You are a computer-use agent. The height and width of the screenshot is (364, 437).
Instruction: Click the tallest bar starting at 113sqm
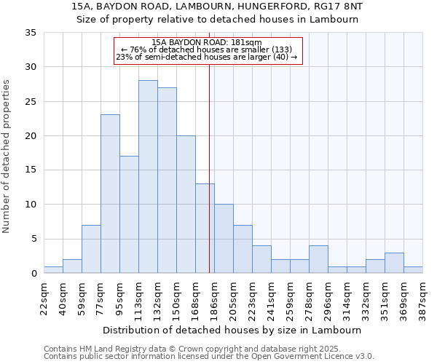pyautogui.click(x=148, y=177)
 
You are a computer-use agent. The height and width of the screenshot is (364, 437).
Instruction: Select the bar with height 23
pyautogui.click(x=110, y=194)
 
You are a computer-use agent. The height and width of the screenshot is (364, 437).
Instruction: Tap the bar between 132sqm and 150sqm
pyautogui.click(x=167, y=181)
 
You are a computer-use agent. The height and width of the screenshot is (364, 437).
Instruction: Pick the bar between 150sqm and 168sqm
pyautogui.click(x=186, y=205)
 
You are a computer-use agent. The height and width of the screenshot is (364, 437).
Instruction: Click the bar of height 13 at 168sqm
pyautogui.click(x=205, y=229)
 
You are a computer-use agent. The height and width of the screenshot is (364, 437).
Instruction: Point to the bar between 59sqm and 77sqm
pyautogui.click(x=91, y=249)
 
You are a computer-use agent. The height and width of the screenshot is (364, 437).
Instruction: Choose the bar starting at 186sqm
pyautogui.click(x=224, y=239)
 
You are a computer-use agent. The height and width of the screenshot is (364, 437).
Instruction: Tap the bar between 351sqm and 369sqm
pyautogui.click(x=394, y=263)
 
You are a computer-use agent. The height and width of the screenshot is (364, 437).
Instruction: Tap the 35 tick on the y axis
pyautogui.click(x=31, y=33)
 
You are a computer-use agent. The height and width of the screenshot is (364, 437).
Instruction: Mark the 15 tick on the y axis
pyautogui.click(x=31, y=170)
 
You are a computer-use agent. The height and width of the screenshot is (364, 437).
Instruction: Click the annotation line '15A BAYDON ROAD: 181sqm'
pyautogui.click(x=208, y=42)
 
